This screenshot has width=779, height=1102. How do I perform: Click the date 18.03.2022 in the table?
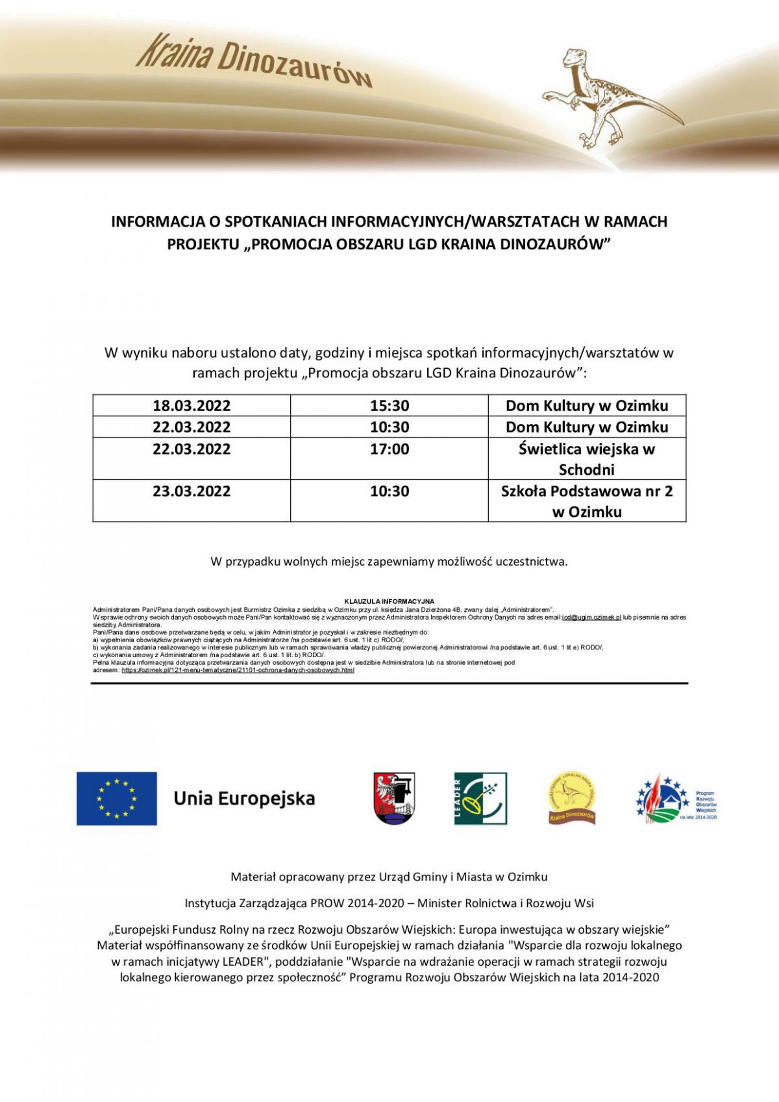point(192,406)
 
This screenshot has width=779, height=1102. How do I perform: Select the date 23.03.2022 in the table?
point(192,492)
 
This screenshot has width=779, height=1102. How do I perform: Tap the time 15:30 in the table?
point(389,406)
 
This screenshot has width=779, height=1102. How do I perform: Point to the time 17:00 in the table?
point(389,449)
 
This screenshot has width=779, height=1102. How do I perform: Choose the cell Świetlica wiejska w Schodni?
point(587,459)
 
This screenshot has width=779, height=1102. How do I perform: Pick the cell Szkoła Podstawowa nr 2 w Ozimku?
point(587,501)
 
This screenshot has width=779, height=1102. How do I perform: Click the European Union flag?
point(117,798)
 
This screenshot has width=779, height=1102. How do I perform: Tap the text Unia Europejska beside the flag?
point(244,798)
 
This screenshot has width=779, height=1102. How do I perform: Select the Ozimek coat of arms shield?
point(394,798)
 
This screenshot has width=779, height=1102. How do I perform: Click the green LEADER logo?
point(480,798)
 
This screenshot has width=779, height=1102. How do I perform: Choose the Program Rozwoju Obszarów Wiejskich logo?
point(676,799)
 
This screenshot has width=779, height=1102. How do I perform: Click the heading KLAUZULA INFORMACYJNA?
point(389,601)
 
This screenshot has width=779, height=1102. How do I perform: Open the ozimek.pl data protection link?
point(238,670)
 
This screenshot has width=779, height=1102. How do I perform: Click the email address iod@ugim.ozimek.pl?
point(591,618)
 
